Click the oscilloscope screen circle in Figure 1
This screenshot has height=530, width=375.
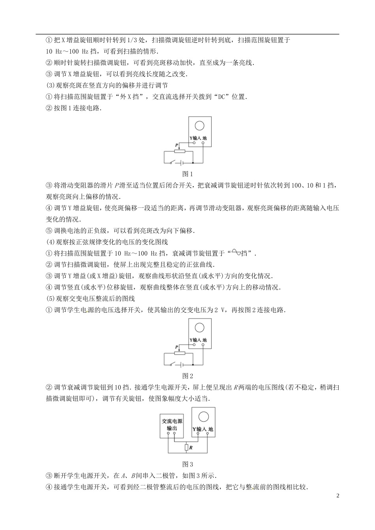[x=199, y=125]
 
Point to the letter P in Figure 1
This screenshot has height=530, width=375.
[x=176, y=146]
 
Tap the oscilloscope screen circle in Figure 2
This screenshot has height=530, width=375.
[x=199, y=327]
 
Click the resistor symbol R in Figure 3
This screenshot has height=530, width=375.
[x=186, y=448]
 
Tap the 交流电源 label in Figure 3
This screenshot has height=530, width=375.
[x=172, y=421]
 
